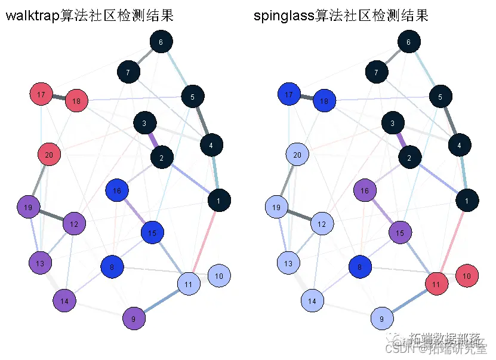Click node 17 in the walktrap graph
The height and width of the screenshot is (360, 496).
(41, 94)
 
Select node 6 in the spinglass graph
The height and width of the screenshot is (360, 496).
(408, 42)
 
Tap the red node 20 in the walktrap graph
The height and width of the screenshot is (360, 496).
(49, 155)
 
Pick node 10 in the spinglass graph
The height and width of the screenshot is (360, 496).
(467, 276)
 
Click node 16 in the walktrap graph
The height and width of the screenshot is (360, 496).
(117, 191)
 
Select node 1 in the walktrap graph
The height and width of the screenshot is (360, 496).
(219, 201)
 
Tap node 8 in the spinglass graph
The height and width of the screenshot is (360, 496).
(360, 267)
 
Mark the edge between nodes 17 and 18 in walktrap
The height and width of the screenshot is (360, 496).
(58, 98)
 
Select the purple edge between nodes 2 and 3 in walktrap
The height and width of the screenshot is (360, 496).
(153, 141)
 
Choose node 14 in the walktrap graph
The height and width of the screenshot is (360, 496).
(64, 301)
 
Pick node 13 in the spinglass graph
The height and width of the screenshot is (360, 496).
(288, 263)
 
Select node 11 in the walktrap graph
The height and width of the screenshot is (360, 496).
(189, 284)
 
